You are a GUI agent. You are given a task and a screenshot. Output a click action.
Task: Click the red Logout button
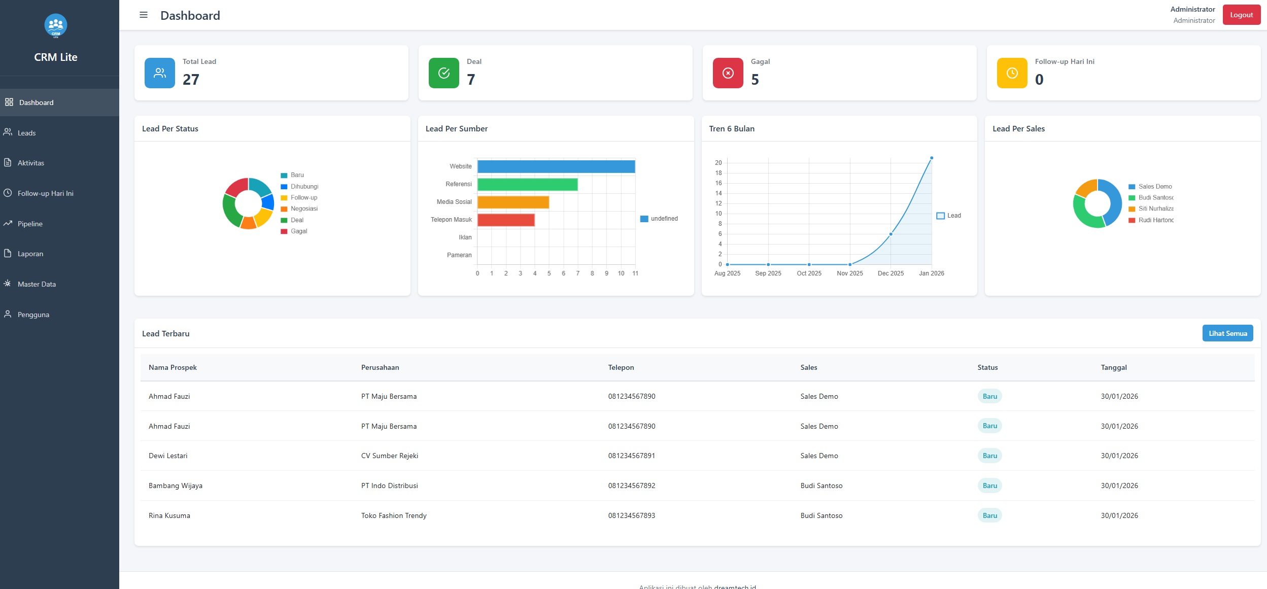[1241, 15]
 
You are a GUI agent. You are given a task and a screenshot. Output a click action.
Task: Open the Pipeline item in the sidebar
[30, 224]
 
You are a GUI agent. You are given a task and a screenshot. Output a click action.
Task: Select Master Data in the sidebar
[37, 284]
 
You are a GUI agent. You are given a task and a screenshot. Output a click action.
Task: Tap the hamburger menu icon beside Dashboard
[144, 15]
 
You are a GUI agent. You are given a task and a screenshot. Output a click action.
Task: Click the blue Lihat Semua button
[1227, 333]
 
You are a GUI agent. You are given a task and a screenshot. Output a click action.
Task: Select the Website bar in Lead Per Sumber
[556, 166]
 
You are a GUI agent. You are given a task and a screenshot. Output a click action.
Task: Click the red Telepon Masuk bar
[505, 220]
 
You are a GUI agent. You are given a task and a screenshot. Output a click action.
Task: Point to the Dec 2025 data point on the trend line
[891, 234]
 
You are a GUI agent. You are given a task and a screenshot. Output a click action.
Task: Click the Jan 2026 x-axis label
[931, 273]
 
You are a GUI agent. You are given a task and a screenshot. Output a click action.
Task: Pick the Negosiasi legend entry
[303, 209]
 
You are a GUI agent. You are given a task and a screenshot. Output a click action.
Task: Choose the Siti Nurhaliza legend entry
[1155, 209]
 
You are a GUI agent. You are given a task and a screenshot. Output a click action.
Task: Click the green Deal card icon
[443, 73]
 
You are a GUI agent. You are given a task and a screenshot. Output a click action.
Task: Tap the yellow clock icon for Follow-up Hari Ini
[1012, 73]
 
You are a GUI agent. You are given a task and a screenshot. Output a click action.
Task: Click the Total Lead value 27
[191, 80]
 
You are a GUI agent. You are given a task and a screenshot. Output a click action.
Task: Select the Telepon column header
[621, 367]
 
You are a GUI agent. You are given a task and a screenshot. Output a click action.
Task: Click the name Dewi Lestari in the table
[168, 456]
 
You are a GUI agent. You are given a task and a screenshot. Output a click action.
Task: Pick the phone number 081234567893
[631, 515]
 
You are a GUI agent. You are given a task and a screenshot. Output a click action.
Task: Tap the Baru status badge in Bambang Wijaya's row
[989, 486]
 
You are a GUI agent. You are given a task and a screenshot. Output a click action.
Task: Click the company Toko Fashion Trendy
[394, 515]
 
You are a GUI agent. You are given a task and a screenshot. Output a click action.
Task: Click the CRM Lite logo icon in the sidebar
[56, 25]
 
